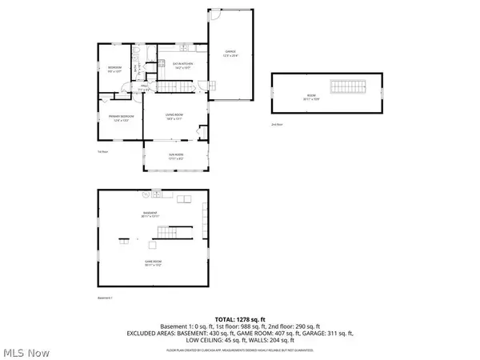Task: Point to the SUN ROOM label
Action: tap(176, 157)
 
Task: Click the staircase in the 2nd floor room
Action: tap(347, 87)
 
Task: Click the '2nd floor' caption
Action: tap(278, 125)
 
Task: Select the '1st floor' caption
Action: tap(102, 150)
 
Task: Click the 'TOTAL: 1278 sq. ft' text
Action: tap(239, 318)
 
